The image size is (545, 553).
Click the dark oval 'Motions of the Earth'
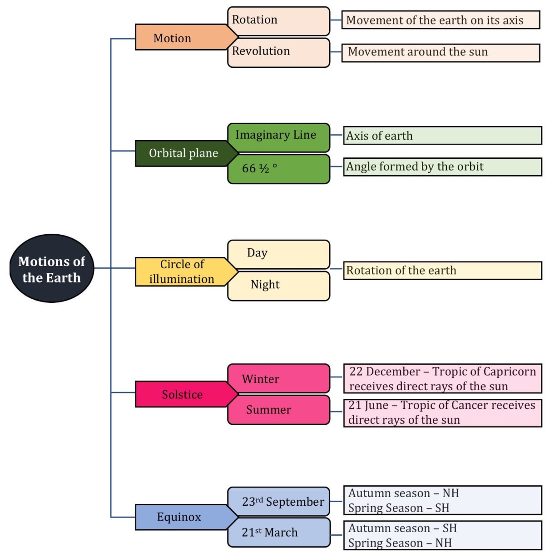click(x=51, y=269)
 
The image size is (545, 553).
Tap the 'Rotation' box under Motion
click(x=278, y=20)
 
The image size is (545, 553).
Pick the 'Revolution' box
click(x=278, y=52)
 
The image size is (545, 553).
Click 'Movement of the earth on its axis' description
click(x=440, y=20)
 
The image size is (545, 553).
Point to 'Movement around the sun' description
click(x=440, y=52)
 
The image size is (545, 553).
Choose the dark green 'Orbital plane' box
click(x=182, y=153)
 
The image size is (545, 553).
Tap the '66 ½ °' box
click(x=278, y=169)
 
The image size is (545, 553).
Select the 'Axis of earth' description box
click(x=442, y=136)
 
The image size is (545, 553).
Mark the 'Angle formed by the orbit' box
click(x=442, y=167)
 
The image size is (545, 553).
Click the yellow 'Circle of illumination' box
click(x=182, y=272)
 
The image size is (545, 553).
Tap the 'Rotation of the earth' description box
click(x=442, y=271)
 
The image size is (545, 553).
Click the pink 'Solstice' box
click(x=182, y=394)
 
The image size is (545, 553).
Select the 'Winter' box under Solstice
click(x=278, y=378)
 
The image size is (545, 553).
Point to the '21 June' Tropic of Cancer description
click(x=442, y=412)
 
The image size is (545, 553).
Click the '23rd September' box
click(x=278, y=502)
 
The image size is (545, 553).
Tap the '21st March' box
click(x=278, y=533)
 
